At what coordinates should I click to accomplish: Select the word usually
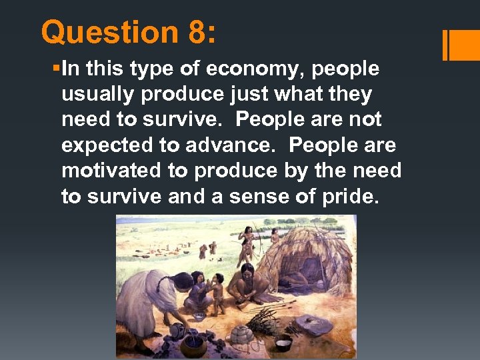pyautogui.click(x=97, y=94)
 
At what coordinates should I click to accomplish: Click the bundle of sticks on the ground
pyautogui.click(x=262, y=317)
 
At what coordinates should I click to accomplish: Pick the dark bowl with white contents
pyautogui.click(x=283, y=344)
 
